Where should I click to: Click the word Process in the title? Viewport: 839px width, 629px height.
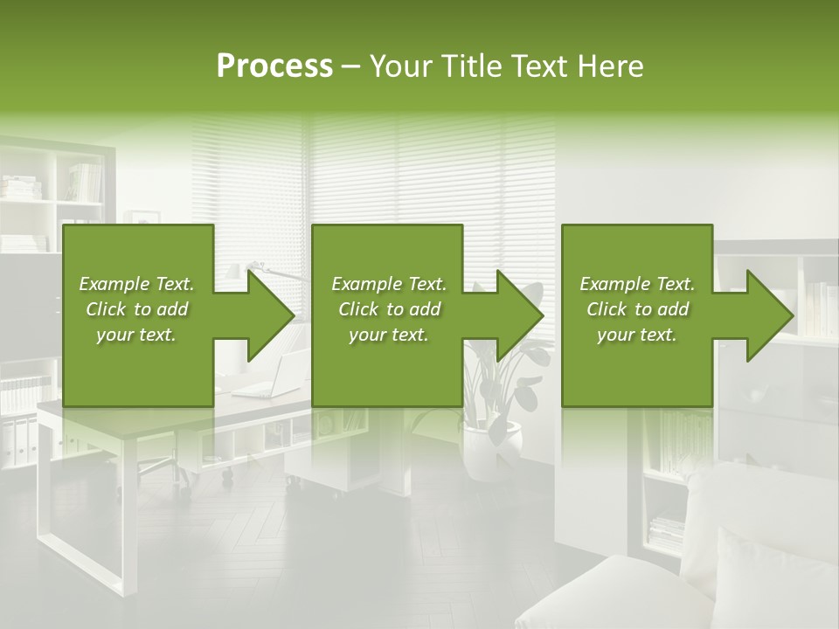point(274,66)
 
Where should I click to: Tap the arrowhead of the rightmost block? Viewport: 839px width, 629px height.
point(770,315)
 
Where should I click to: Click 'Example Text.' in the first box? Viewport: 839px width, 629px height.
point(136,284)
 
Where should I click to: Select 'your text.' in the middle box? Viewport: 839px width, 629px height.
point(388,335)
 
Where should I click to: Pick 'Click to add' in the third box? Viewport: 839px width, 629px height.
point(637,309)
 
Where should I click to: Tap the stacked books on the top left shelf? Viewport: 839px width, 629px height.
point(19,187)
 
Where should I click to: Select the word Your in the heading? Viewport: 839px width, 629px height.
point(400,66)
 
